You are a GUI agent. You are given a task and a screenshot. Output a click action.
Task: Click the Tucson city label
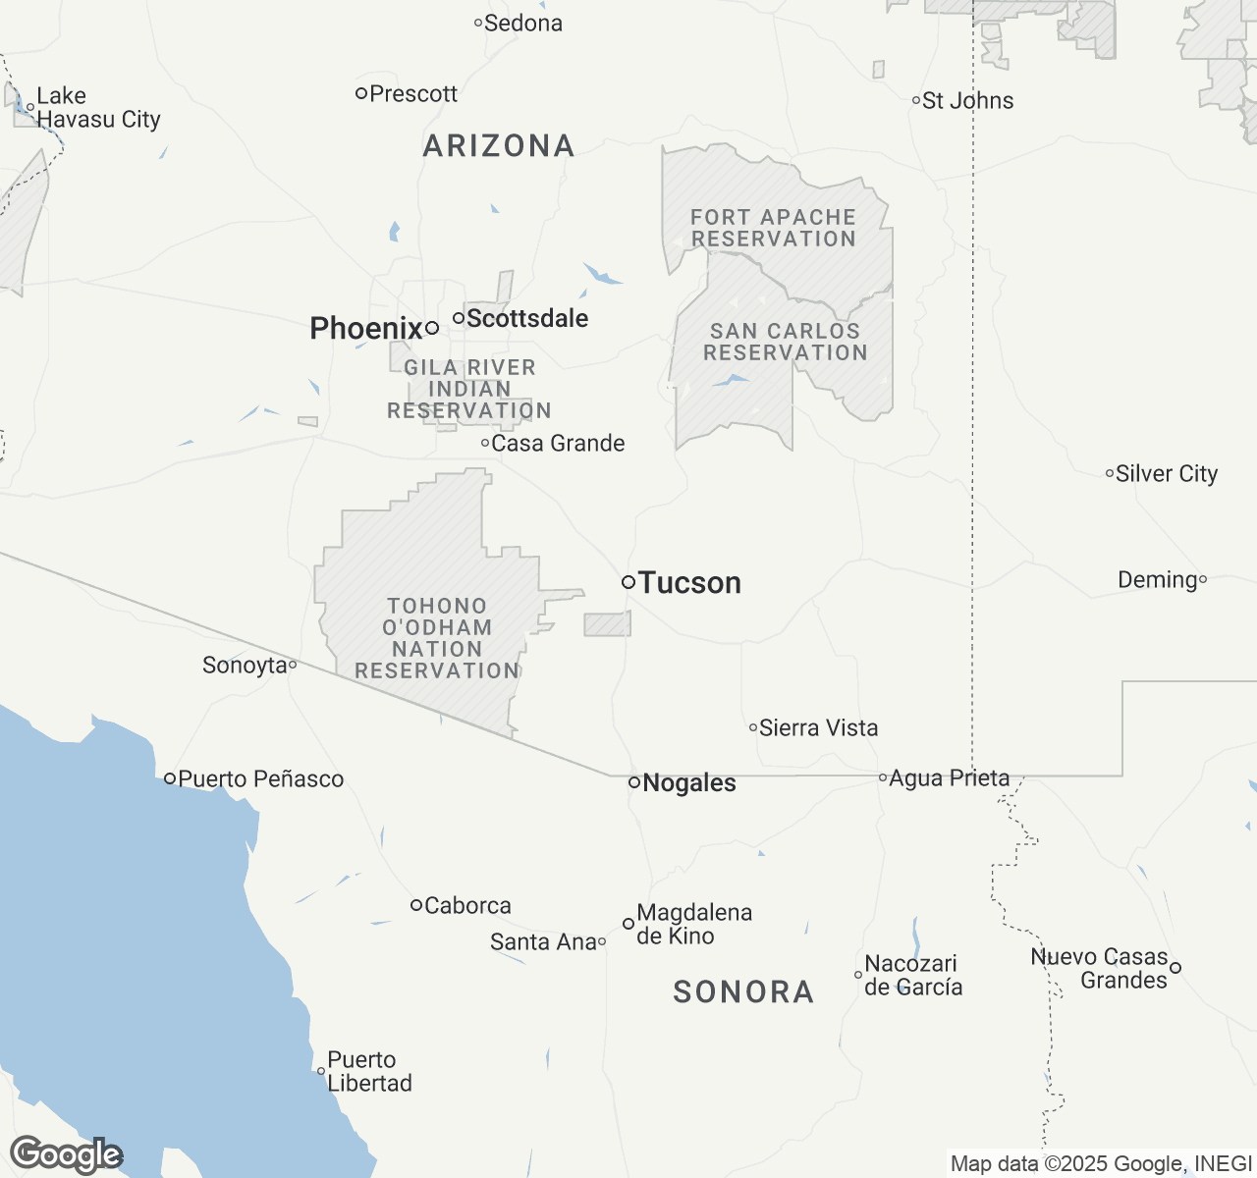coord(689,583)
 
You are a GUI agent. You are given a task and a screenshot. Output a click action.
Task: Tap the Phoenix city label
coord(365,328)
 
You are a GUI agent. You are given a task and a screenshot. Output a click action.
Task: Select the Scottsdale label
coord(527,318)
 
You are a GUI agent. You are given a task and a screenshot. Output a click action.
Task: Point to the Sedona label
coord(523,23)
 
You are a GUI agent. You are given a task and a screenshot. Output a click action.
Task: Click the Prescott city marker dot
coord(361,93)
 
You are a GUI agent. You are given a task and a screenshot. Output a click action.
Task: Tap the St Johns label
coord(968,100)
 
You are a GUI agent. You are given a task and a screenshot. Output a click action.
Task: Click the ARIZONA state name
coord(499,146)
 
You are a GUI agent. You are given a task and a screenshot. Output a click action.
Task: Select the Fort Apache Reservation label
coord(773,228)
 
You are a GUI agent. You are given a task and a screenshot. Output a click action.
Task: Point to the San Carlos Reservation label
coord(785,342)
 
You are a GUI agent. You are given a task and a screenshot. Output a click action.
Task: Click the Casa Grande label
coord(558,443)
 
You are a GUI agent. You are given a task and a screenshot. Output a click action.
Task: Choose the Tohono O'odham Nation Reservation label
coord(437,638)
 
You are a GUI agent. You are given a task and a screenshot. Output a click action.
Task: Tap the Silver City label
coord(1167,473)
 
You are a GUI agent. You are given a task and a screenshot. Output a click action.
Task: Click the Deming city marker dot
coord(1203,580)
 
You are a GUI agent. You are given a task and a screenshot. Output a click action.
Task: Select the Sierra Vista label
coord(819,727)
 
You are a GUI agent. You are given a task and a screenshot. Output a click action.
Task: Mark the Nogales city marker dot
coord(634,782)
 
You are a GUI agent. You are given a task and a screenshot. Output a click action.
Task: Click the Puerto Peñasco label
coord(261,779)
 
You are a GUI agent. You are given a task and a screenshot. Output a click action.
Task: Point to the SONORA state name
coord(743,991)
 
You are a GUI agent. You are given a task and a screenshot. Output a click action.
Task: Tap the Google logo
coord(66,1155)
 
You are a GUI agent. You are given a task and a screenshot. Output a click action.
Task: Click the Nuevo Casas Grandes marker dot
coord(1175,968)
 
